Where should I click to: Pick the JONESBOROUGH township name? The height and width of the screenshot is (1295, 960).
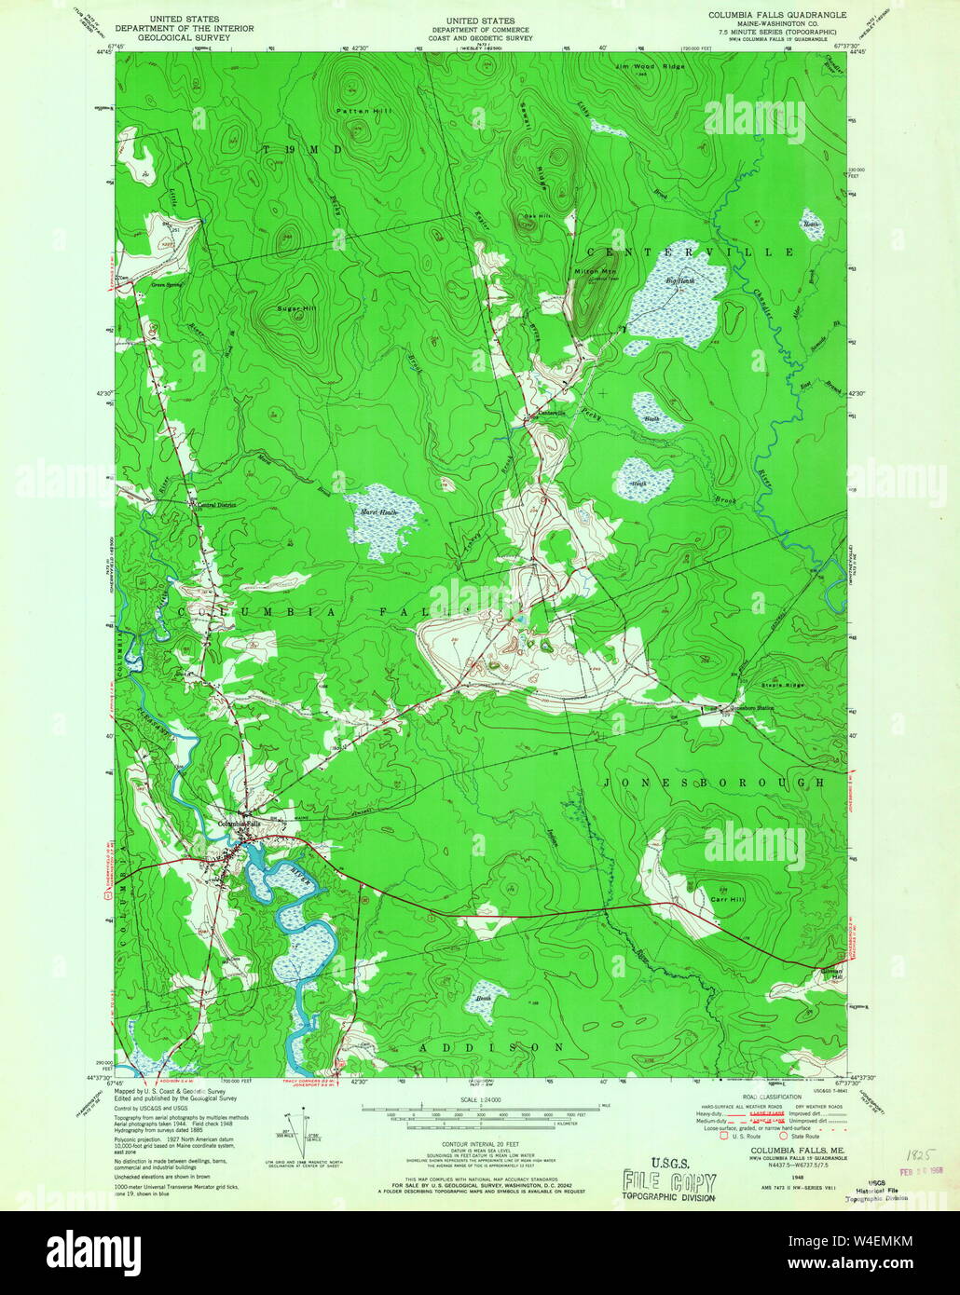714,784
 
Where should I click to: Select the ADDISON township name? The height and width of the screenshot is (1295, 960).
490,1047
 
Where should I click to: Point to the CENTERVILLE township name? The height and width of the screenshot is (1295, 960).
690,252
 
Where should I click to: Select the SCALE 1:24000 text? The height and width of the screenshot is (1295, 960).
479,1099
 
